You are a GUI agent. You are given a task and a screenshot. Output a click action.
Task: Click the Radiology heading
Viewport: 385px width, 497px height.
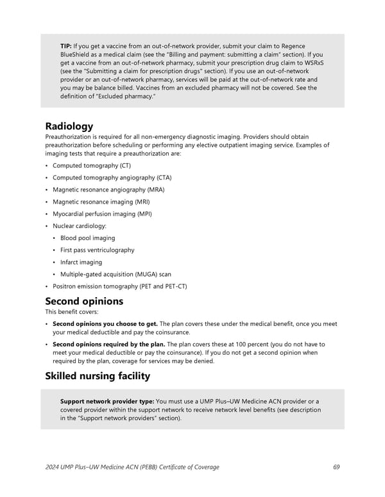point(69,126)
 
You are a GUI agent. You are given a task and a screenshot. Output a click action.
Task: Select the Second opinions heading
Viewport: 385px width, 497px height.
point(83,301)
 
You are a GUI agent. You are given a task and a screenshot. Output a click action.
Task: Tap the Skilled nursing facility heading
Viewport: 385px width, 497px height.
point(97,375)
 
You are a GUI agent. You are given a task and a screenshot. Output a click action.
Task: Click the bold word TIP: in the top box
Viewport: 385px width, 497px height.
point(66,47)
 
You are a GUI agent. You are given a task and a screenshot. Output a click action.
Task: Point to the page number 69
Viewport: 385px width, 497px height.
point(336,467)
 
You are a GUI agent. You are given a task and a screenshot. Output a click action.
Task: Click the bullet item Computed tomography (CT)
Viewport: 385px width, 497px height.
point(91,166)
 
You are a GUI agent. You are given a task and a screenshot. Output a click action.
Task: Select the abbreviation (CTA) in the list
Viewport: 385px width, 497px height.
point(160,177)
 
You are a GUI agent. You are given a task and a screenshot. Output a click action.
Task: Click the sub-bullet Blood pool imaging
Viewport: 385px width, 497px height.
point(88,238)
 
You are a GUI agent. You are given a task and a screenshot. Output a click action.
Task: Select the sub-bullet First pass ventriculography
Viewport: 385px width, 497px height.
point(98,250)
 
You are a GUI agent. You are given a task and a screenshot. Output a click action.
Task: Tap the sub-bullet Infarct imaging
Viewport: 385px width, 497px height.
point(81,262)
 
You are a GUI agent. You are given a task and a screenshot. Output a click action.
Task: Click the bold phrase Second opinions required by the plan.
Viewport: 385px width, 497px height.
point(109,345)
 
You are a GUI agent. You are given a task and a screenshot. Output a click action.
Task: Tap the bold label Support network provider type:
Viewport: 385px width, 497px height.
point(107,402)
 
